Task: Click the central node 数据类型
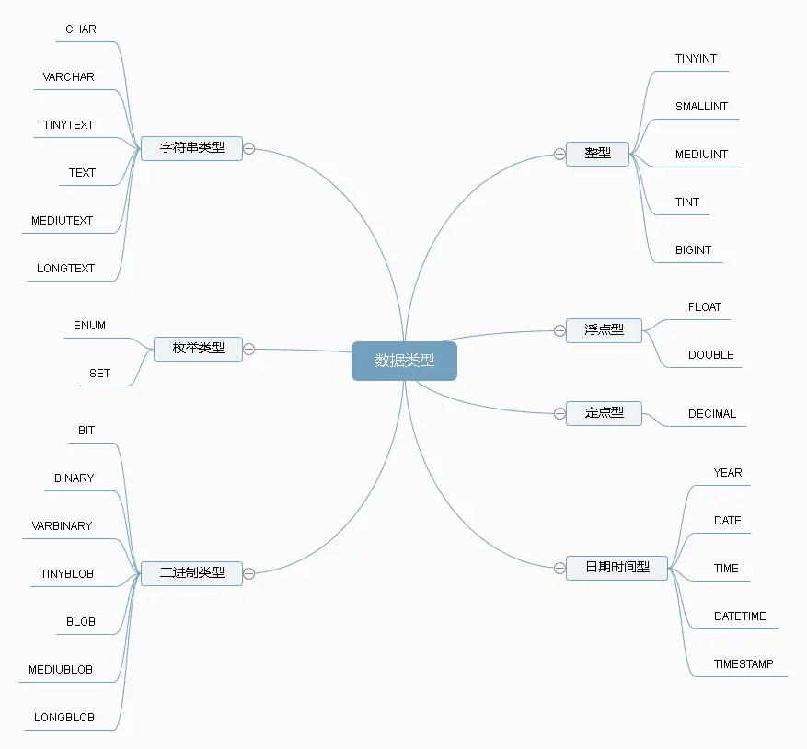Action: pos(404,361)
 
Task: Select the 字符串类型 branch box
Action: pos(191,147)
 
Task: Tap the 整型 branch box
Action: pos(598,153)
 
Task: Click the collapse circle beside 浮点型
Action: pos(559,330)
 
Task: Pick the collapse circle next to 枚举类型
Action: pos(248,349)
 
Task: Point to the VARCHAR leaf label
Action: pos(68,77)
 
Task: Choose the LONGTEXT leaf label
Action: pos(65,269)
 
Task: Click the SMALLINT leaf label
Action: pos(701,107)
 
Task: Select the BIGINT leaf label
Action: pos(693,250)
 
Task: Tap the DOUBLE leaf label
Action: pos(711,355)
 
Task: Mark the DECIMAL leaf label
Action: pos(712,414)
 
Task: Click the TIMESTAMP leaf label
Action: pos(744,664)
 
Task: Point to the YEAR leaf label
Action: pos(728,473)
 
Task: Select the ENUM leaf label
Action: pos(89,326)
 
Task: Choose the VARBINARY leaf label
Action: pos(62,526)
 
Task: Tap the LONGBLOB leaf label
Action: pos(64,718)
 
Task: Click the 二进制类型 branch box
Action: pos(191,572)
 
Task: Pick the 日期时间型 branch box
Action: pos(617,568)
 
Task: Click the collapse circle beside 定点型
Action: pos(559,414)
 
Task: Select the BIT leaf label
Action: pos(86,431)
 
